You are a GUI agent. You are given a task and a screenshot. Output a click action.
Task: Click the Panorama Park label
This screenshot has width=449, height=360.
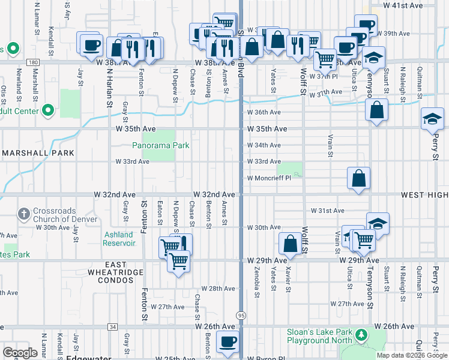(161, 145)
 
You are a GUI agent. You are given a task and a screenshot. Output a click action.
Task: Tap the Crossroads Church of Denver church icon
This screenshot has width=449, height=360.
(23, 213)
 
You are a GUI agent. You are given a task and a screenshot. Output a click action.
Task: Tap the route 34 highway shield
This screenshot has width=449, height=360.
(113, 327)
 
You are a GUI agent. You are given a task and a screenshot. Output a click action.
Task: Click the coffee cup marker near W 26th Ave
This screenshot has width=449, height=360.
(226, 342)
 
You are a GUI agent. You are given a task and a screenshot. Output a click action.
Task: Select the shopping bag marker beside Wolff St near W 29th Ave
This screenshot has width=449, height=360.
(290, 244)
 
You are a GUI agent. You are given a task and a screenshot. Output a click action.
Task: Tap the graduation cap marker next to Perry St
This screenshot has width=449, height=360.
(432, 119)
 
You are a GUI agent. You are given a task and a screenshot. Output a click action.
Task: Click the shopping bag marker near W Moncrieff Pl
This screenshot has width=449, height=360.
(358, 178)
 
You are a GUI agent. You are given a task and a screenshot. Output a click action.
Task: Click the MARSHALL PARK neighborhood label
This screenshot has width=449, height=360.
(38, 153)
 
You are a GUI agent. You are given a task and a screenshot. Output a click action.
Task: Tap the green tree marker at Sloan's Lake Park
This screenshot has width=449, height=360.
(362, 334)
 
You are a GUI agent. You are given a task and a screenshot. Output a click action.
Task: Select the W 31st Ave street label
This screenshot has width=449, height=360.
(327, 211)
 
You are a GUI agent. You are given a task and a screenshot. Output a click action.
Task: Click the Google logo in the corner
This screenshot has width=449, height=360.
(20, 353)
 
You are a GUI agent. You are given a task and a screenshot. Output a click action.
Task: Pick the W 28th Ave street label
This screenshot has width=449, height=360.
(218, 289)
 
